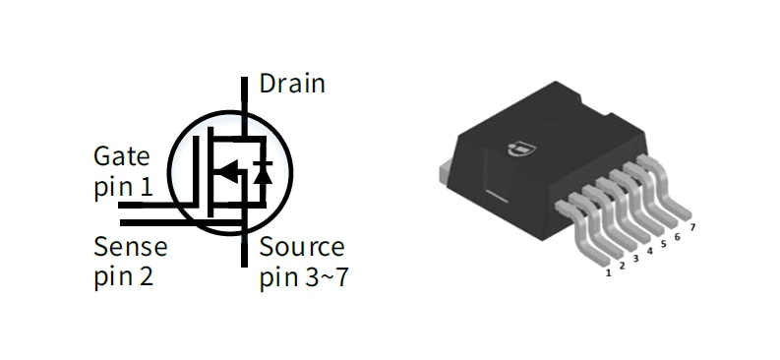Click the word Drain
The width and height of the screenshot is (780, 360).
click(291, 84)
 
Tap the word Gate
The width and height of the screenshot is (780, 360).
click(122, 156)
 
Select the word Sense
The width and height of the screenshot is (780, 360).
click(130, 246)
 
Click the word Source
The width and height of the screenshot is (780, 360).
click(302, 246)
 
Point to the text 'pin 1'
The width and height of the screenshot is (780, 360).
click(123, 186)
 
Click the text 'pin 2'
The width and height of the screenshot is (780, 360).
click(124, 276)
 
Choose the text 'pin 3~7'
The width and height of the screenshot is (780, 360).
click(304, 277)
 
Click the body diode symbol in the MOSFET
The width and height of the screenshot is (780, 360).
click(263, 173)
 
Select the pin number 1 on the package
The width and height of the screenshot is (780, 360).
click(610, 271)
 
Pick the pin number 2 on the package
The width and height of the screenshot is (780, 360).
click(623, 266)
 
